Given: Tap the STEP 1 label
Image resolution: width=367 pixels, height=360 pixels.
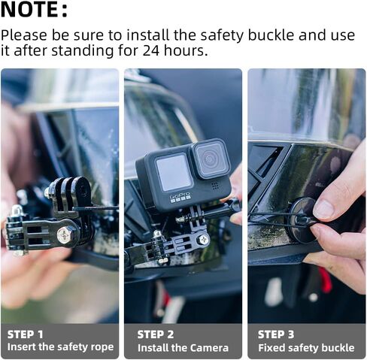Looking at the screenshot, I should (26, 334).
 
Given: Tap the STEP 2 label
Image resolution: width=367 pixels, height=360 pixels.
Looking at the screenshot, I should (156, 334).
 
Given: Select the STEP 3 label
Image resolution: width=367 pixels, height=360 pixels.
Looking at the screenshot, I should (277, 334).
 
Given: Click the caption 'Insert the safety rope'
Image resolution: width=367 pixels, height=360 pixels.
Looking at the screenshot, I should (60, 347).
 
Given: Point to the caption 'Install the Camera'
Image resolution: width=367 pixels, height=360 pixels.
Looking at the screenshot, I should (183, 347).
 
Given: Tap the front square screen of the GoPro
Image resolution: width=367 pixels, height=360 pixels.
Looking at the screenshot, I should (174, 173).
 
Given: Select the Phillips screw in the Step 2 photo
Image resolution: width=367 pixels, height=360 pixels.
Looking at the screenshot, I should (203, 240).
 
